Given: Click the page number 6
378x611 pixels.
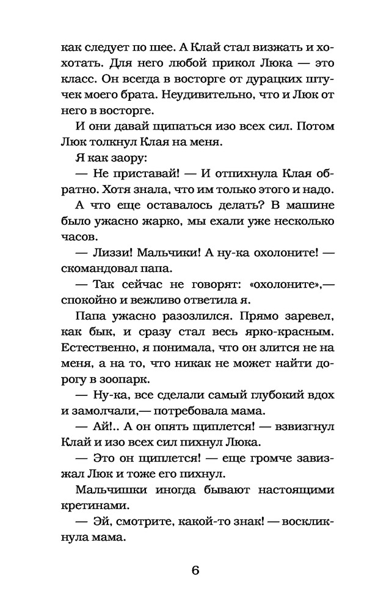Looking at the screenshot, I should tap(195, 571).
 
